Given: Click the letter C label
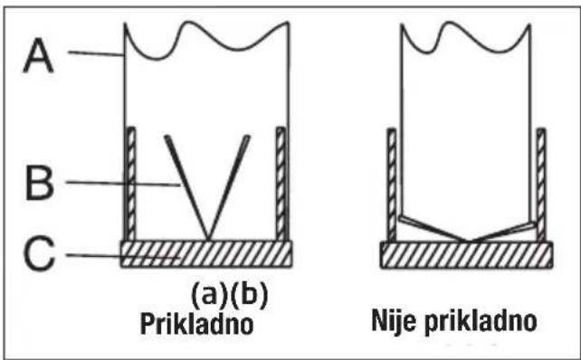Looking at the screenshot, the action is (x=40, y=256).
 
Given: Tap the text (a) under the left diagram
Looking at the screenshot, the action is (x=206, y=295).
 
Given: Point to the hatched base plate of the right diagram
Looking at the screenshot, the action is (x=465, y=255).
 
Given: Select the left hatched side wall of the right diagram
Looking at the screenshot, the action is (x=392, y=185).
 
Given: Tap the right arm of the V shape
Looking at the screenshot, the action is (x=228, y=185).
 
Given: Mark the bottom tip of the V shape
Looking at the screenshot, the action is (x=208, y=238).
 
